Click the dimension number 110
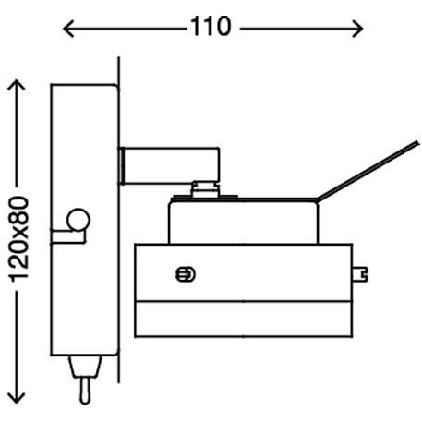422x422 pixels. pyautogui.click(x=211, y=27)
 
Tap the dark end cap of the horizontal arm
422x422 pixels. pyautogui.click(x=123, y=163)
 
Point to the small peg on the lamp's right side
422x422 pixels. pyautogui.click(x=361, y=273)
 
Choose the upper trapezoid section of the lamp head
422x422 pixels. pyautogui.click(x=244, y=221)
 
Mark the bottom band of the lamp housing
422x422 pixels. pyautogui.click(x=244, y=320)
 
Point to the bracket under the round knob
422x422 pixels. pyautogui.click(x=66, y=236)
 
